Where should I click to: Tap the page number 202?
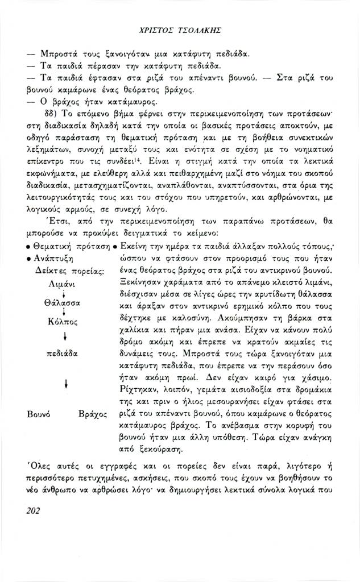click(x=35, y=510)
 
